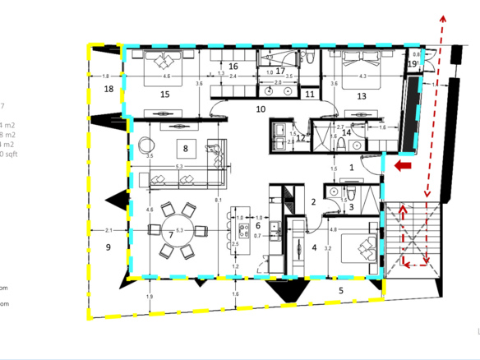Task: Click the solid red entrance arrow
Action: coord(403,168)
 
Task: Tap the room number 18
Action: coord(108,89)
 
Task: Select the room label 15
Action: coord(164,95)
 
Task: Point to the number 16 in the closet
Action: coord(233,66)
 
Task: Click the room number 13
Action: coord(362,96)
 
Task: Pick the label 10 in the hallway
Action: coord(261,108)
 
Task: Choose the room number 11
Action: coord(310,95)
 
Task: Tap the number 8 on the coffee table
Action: coord(186,149)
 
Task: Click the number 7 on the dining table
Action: coord(171,234)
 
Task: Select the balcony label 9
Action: coord(107,246)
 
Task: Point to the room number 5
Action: coord(342,289)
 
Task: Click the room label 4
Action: coord(313,247)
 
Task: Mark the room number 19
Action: coord(412,63)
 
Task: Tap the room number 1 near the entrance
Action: coord(352,167)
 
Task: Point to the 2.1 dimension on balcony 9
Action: coord(108,230)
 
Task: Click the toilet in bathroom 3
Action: coord(348,193)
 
